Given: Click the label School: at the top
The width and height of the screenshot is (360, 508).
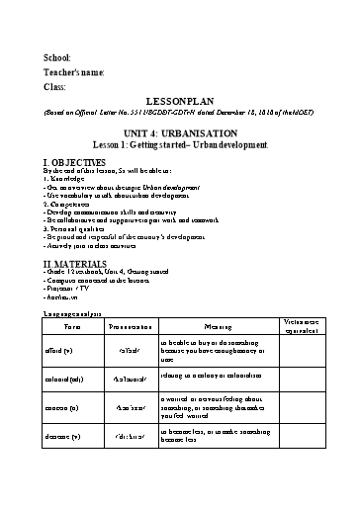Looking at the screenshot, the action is (x=58, y=57).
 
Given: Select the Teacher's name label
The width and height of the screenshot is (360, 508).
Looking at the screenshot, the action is (x=74, y=72).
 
